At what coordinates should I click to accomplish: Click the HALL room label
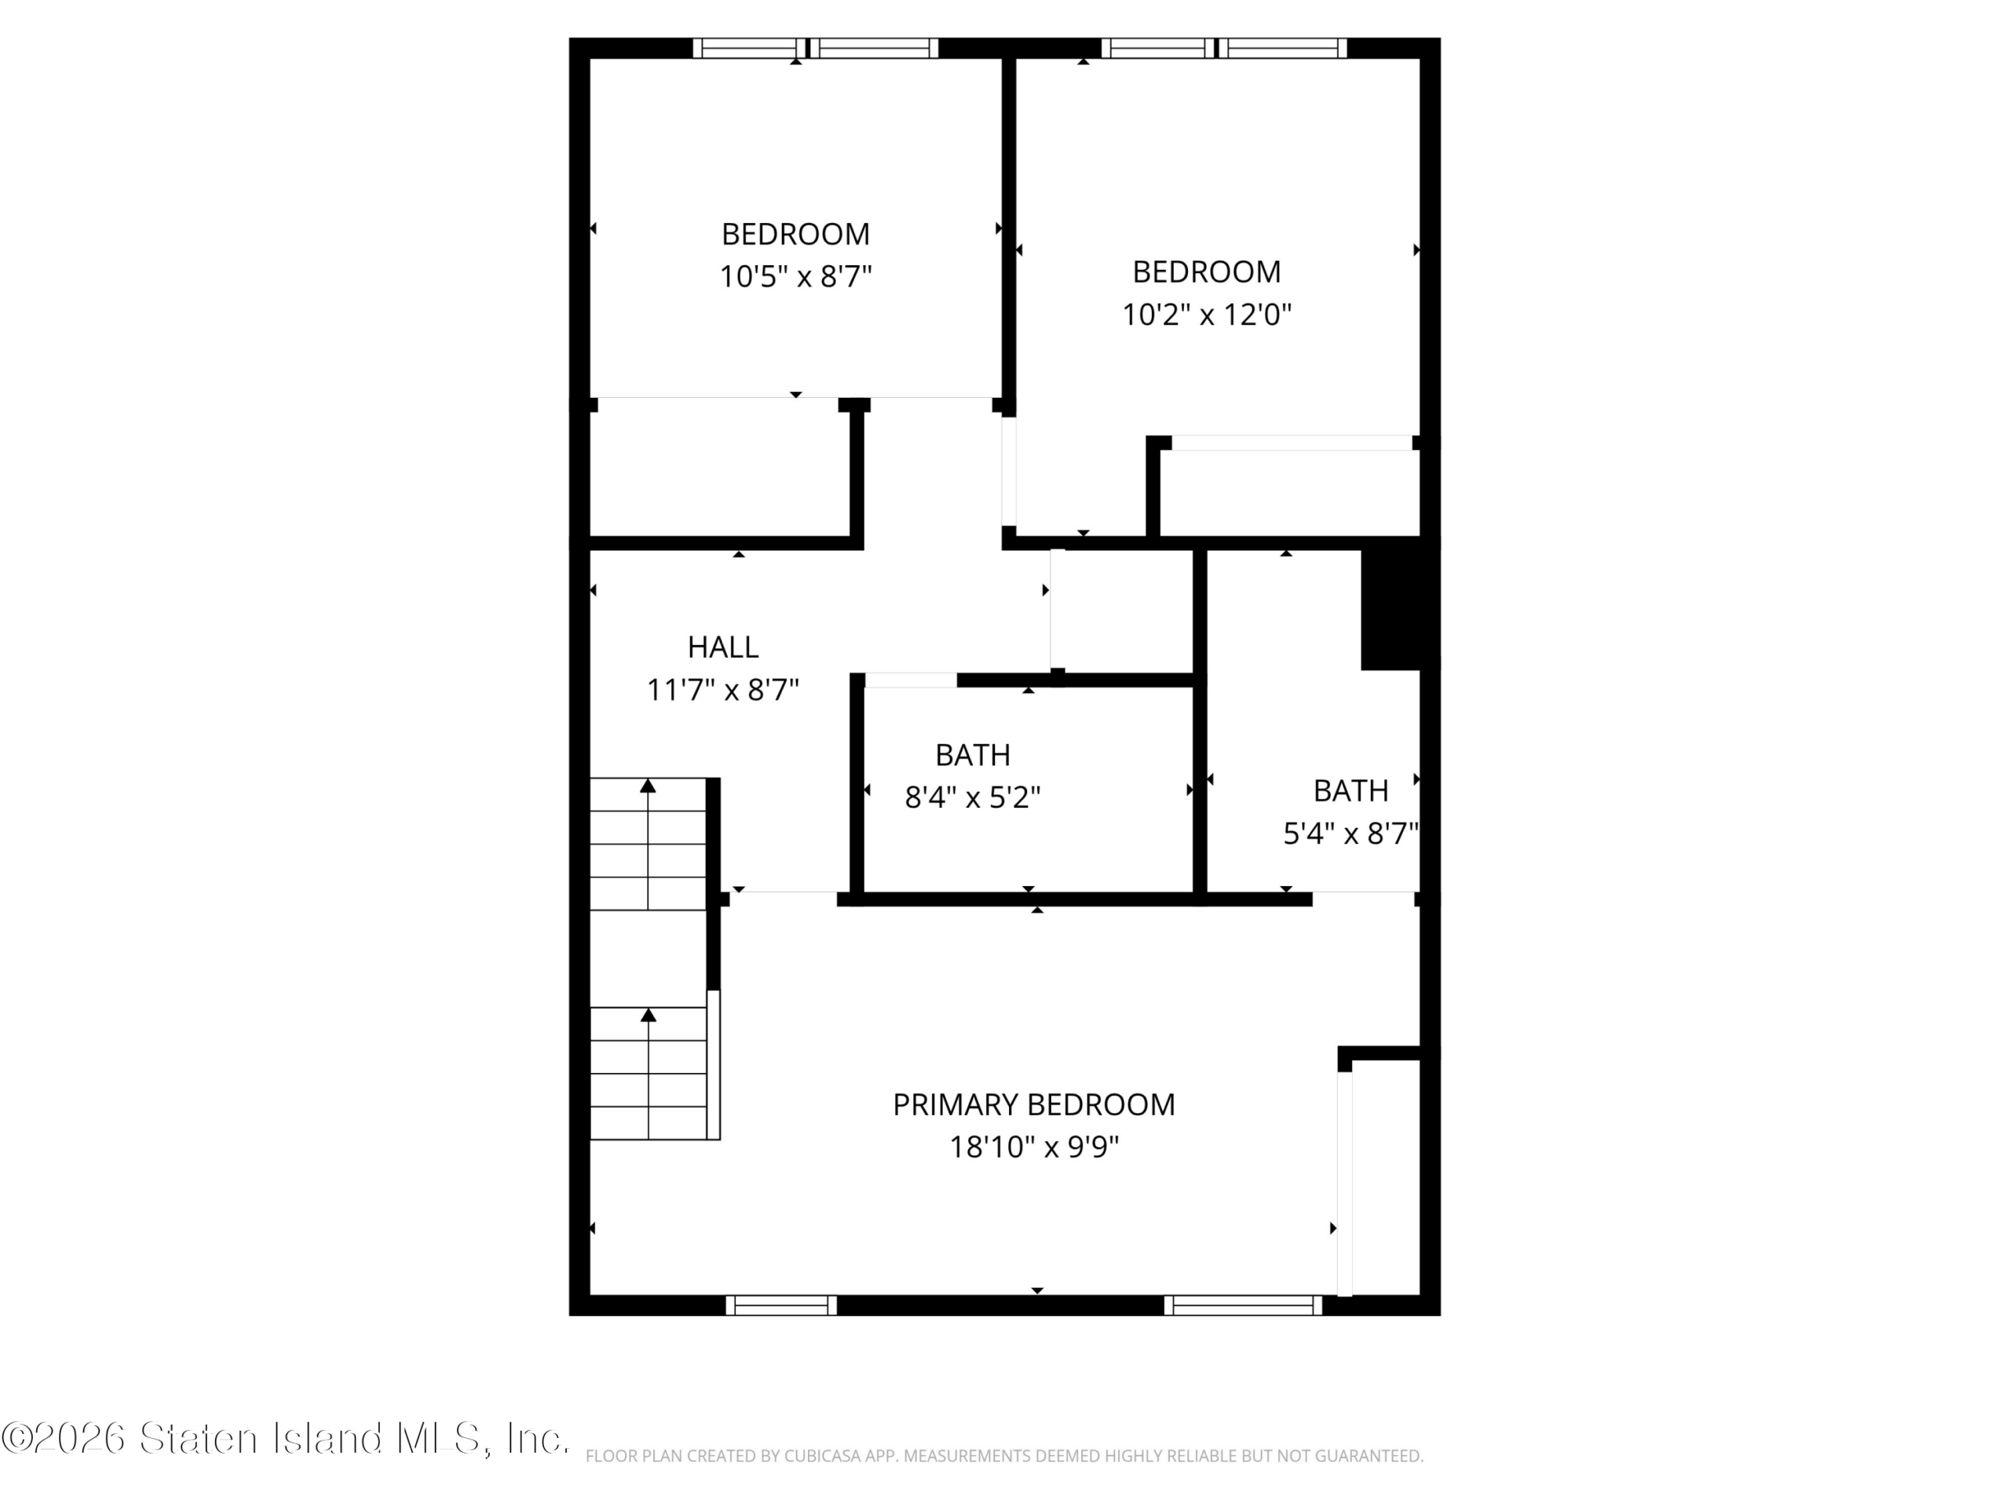(x=722, y=648)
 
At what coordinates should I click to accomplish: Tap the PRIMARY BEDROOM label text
(x=1034, y=1104)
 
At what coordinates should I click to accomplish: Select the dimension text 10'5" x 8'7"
(x=796, y=276)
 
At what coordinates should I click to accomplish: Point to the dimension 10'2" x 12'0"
(x=1207, y=314)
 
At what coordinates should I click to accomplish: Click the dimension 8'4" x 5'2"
(x=972, y=797)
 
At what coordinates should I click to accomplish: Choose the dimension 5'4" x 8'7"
(x=1350, y=833)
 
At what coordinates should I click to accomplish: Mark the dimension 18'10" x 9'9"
(x=1034, y=1148)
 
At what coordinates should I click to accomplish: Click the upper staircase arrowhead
(x=648, y=786)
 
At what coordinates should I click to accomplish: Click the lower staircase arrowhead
(x=648, y=1015)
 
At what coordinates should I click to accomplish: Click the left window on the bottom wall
(x=781, y=1305)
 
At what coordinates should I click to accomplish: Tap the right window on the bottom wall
(x=1243, y=1305)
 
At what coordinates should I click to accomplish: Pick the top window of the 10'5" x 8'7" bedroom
(x=816, y=48)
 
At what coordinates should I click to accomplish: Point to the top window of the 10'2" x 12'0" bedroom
(x=1224, y=48)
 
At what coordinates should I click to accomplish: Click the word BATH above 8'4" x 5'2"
(x=972, y=755)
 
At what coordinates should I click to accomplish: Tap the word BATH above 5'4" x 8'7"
(x=1350, y=791)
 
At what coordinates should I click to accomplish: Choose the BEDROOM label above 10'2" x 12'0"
(x=1207, y=272)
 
